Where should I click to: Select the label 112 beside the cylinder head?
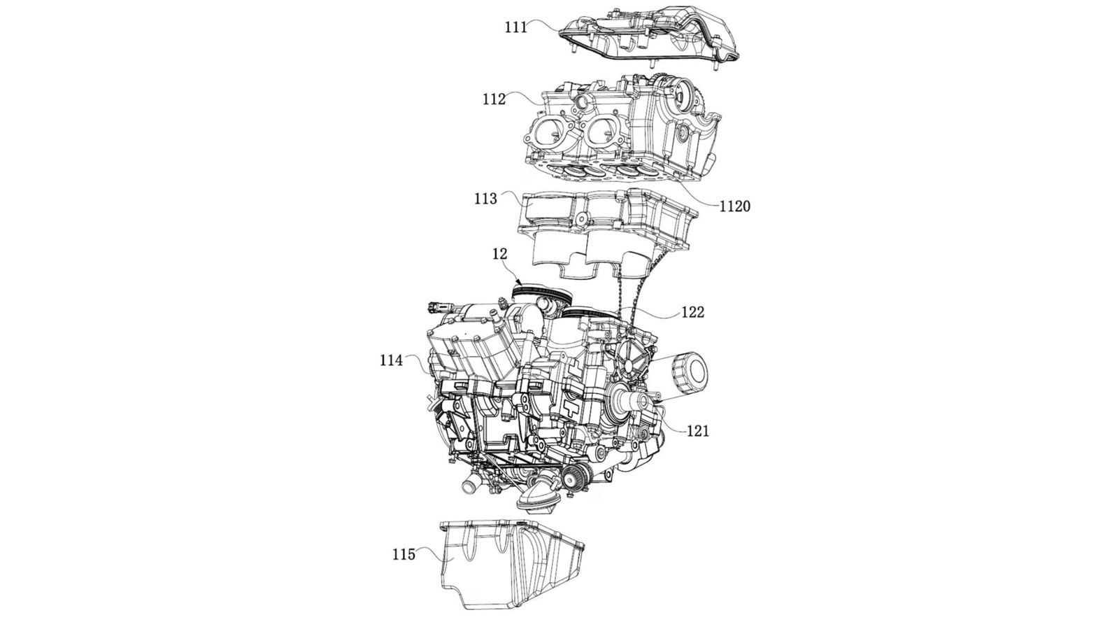tap(494, 99)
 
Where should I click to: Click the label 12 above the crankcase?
tap(499, 255)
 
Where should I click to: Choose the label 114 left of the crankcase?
tap(392, 360)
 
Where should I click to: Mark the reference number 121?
tap(697, 431)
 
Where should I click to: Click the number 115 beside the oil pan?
tap(404, 554)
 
